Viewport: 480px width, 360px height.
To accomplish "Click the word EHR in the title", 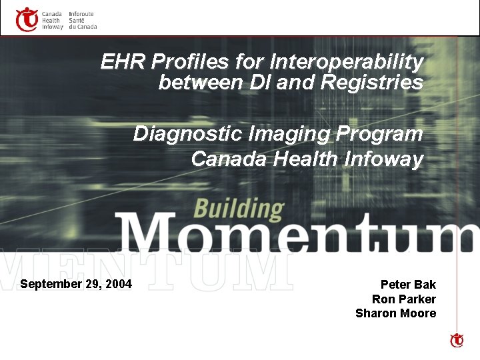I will [124, 63].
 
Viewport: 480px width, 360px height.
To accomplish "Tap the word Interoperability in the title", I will [346, 63].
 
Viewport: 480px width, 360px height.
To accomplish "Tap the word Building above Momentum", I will [238, 209].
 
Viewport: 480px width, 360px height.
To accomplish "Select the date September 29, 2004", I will [76, 284].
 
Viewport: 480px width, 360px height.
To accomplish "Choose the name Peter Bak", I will [408, 285].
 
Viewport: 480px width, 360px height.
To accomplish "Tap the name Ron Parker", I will [404, 299].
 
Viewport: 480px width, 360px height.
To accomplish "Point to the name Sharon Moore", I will [396, 313].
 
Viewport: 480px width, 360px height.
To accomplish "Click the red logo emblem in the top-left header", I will [27, 19].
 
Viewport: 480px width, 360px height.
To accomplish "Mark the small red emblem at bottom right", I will [457, 341].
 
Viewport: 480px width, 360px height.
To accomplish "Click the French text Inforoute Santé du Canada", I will [83, 20].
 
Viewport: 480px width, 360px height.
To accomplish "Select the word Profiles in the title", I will [191, 63].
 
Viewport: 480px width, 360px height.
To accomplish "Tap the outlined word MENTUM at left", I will [147, 272].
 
